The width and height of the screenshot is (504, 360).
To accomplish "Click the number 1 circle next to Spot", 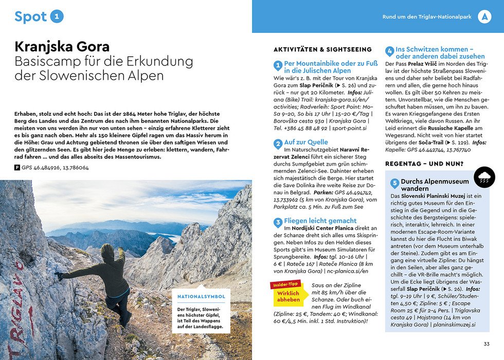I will tap(57, 16).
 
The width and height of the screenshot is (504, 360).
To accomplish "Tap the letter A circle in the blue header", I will tap(484, 17).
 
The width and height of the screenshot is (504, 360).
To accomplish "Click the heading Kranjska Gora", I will tap(62, 47).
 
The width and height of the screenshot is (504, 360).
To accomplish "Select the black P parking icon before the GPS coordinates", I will tap(17, 168).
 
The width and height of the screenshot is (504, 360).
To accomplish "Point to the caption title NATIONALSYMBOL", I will tap(201, 297).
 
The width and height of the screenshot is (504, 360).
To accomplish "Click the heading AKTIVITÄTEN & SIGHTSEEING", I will tap(322, 49).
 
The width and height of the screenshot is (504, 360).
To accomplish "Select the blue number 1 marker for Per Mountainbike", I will tap(278, 66).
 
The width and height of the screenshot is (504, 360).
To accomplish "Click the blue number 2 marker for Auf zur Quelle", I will tap(278, 143).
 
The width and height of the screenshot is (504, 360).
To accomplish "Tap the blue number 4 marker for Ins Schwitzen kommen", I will tap(390, 52).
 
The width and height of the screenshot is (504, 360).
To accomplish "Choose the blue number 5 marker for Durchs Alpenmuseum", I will tap(395, 183).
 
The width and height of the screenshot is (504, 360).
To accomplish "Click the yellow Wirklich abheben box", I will tap(288, 296).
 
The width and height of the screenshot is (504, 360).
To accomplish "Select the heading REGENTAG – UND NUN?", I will tap(424, 164).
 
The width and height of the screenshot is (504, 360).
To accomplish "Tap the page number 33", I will tap(486, 344).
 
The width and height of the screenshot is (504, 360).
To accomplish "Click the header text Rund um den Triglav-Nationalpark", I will tap(427, 17).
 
